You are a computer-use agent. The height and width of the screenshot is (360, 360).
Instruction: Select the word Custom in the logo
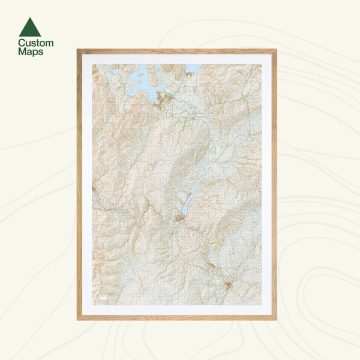tap(35, 43)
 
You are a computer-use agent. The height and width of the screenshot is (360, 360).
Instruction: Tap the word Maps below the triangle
tap(30, 52)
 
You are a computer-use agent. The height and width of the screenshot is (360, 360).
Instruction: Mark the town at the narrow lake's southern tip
tap(179, 219)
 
